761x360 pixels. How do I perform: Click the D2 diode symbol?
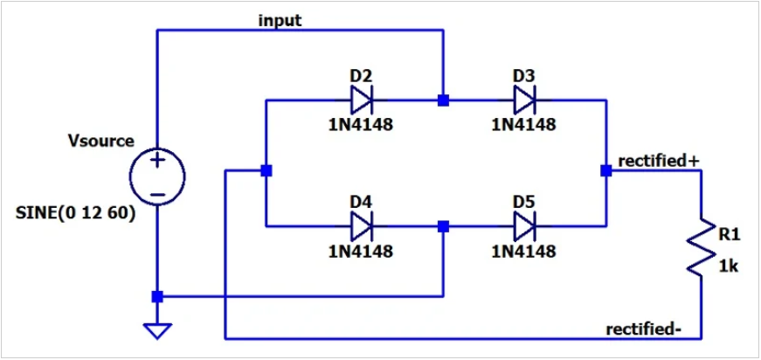pos(361,100)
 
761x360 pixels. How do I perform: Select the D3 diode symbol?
pos(524,100)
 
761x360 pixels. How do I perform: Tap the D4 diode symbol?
pos(361,226)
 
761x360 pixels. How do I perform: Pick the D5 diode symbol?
pos(524,226)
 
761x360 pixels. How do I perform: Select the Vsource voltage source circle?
pos(157,174)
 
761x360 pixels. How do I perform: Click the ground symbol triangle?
pos(157,331)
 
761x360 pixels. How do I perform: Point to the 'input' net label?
pos(280,20)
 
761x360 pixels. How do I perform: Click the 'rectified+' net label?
pos(659,161)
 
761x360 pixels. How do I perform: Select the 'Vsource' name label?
pos(100,141)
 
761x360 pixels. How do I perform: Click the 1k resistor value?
pos(728,267)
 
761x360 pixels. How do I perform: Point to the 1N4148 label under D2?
pos(361,124)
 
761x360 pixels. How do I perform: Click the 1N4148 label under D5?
pos(524,252)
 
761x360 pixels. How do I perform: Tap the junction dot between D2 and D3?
pos(444,100)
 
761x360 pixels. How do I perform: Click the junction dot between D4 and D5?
pos(444,226)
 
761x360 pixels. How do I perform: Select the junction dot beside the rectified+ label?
pos(605,171)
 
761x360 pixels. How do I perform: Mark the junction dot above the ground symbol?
pos(157,297)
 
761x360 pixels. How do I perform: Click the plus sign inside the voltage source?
pos(157,161)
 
